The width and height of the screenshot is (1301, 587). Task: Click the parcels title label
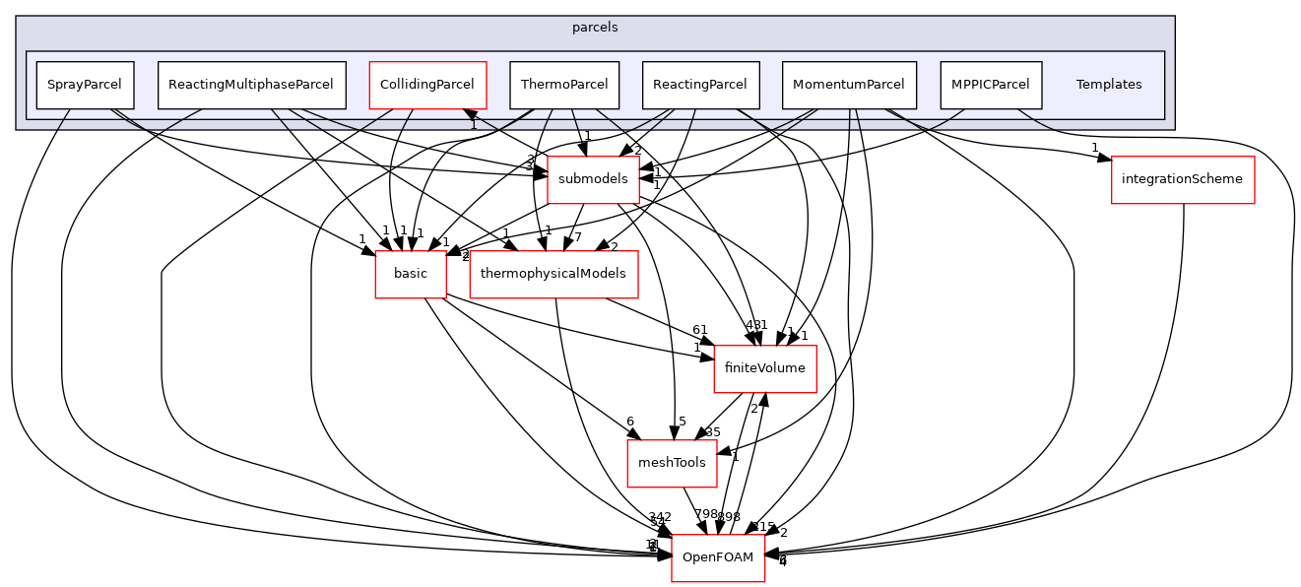click(595, 28)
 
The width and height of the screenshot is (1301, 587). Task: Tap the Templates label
click(1108, 85)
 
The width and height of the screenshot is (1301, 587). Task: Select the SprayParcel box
click(85, 85)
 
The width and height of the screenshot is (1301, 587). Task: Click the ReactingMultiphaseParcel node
click(251, 85)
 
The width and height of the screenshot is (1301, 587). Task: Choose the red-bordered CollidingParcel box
click(427, 85)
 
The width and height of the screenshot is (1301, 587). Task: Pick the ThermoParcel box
click(564, 85)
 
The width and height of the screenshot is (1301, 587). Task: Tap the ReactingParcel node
click(700, 85)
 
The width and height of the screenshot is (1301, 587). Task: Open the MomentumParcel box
click(849, 85)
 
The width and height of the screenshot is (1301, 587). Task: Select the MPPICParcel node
click(991, 85)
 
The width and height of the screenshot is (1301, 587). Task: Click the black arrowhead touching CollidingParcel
click(471, 116)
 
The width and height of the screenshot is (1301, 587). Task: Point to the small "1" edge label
click(474, 125)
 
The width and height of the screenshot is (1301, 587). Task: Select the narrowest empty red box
click(411, 275)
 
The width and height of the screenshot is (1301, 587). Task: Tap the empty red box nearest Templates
click(1183, 180)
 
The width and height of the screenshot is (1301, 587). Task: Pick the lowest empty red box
click(718, 558)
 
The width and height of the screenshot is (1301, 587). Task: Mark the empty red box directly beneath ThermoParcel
click(593, 180)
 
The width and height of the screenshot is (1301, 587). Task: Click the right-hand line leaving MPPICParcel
click(1034, 119)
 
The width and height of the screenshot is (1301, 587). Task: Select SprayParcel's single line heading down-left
click(63, 119)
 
